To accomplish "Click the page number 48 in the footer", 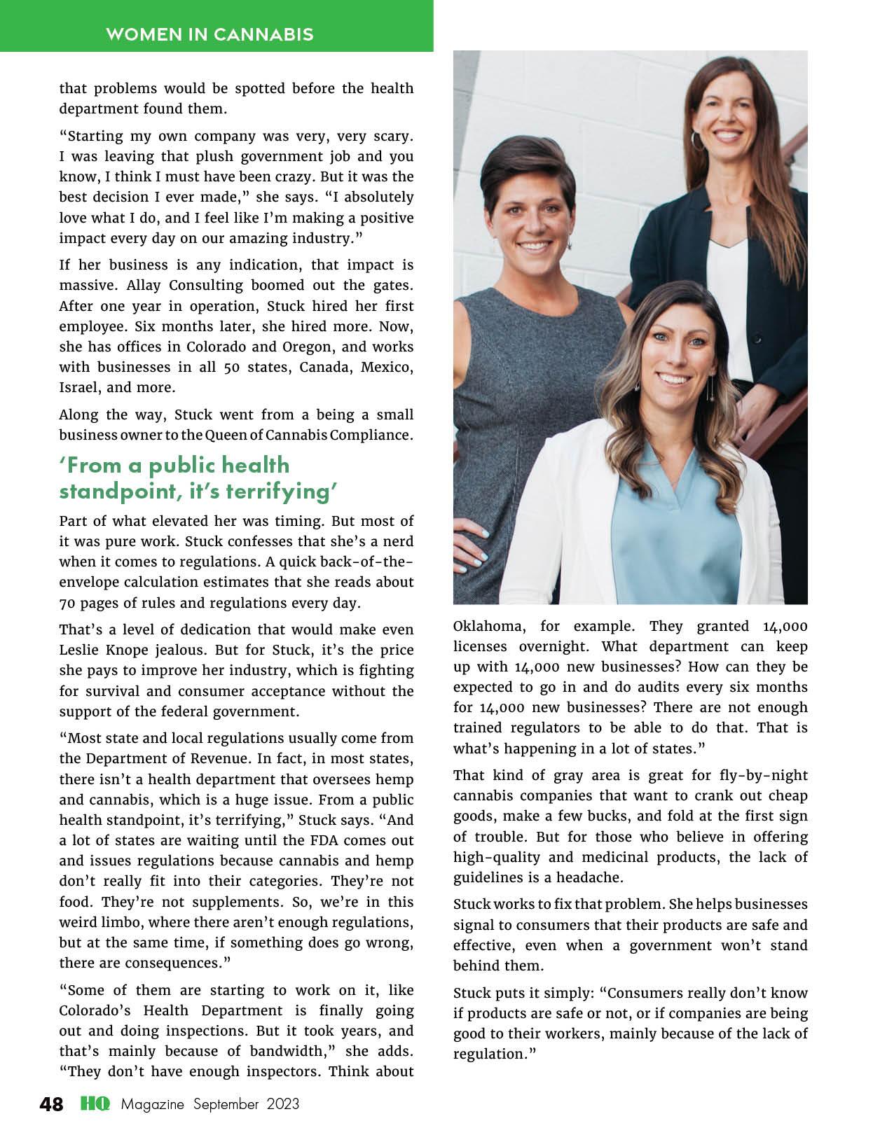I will click(x=51, y=1104).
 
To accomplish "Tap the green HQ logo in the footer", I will click(x=95, y=1104).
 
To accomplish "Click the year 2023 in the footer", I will click(x=282, y=1104).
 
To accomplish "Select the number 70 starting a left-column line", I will click(x=68, y=603).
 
